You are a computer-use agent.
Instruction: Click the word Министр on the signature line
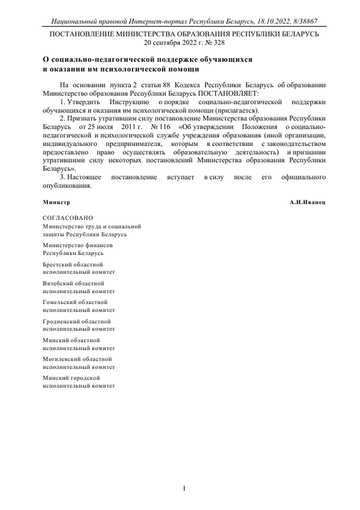(55, 201)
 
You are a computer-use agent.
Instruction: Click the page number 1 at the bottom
(184, 490)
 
